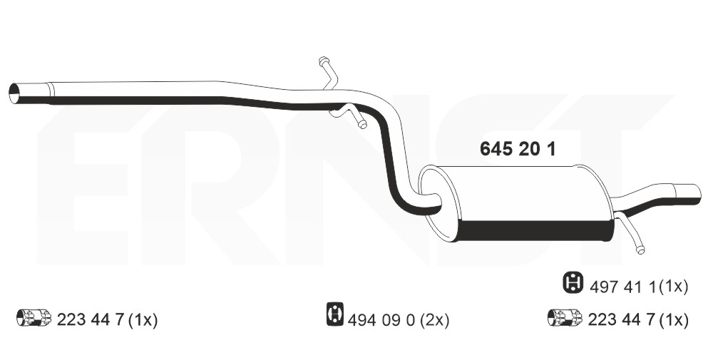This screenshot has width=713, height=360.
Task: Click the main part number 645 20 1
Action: pos(518,149)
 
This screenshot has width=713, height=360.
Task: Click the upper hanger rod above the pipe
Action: pos(328,72)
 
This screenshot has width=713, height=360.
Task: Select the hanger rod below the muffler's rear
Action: pos(631,233)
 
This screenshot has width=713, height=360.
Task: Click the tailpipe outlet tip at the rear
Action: pos(687,194)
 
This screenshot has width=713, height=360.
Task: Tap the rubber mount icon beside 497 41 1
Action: pos(573,282)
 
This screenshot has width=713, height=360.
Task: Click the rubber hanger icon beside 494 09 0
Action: pos(335,314)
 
